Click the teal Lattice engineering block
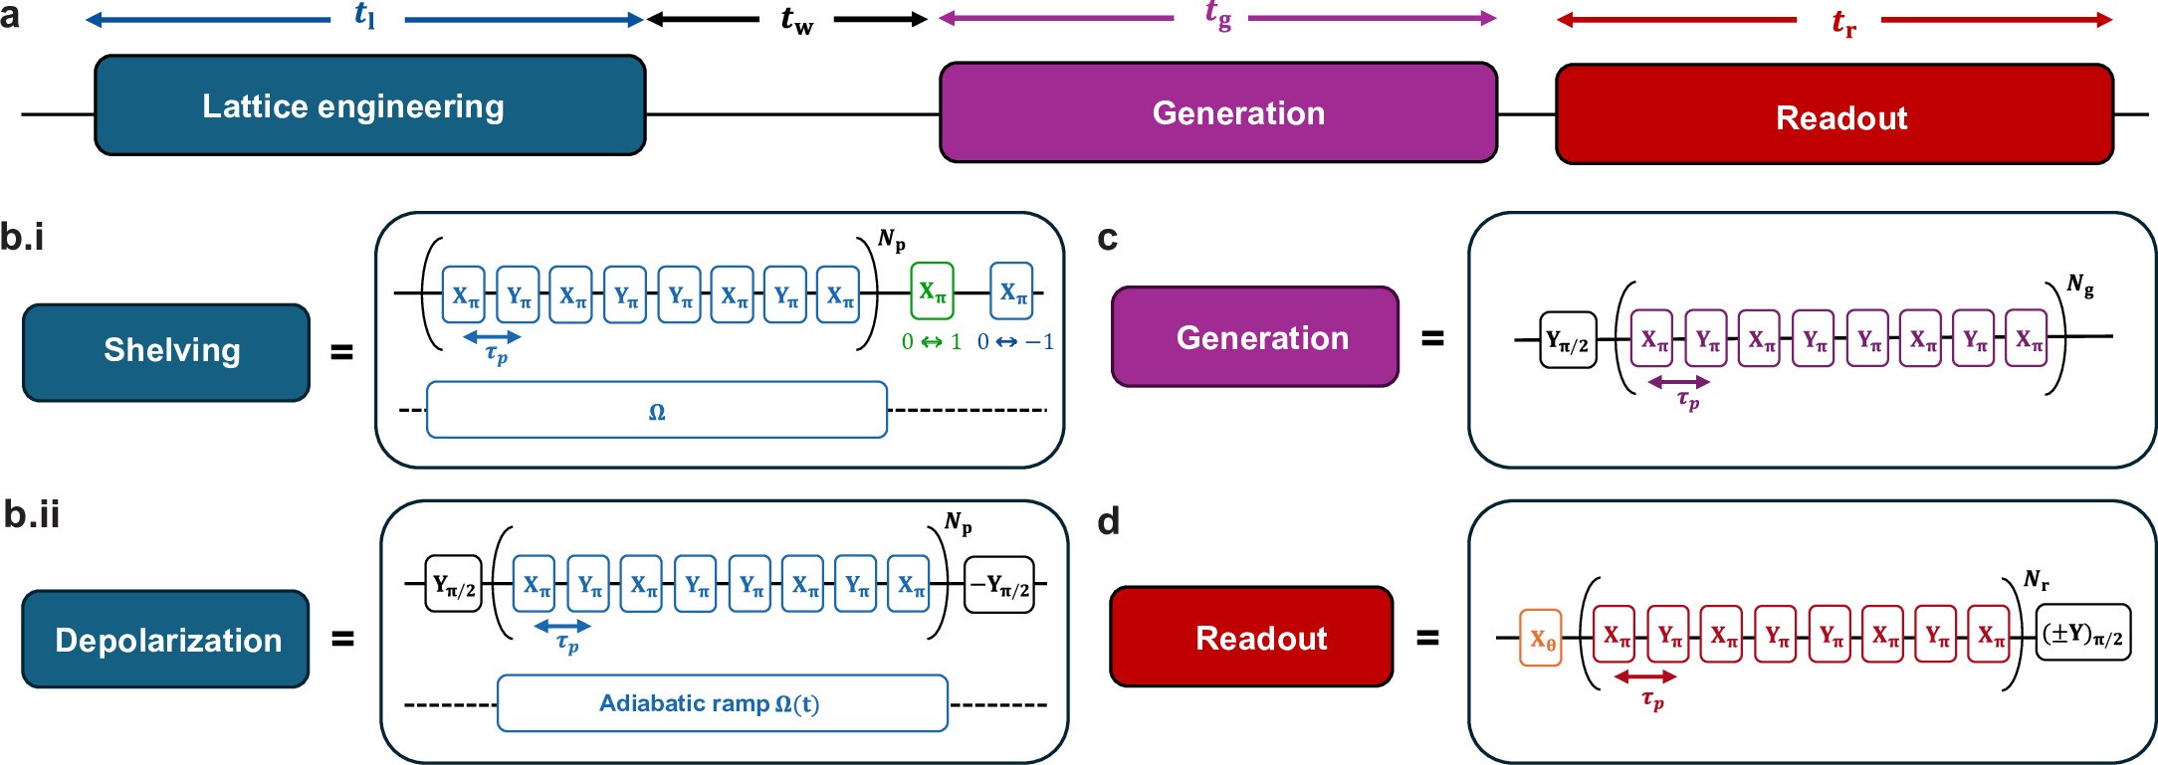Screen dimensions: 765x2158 (x=369, y=105)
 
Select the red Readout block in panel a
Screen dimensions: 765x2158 (x=1834, y=114)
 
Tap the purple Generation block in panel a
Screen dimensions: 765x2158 (x=1217, y=112)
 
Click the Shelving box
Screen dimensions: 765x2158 (x=166, y=352)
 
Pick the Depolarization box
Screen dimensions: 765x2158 (x=166, y=639)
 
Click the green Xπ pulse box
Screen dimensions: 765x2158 (x=932, y=290)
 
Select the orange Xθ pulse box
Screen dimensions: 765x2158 (x=1541, y=638)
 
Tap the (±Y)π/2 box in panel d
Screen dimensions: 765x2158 (x=2082, y=633)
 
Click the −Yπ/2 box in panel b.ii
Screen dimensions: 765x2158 (x=999, y=585)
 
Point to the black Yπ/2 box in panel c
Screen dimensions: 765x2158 (x=1568, y=340)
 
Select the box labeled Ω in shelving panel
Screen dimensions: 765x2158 (x=656, y=410)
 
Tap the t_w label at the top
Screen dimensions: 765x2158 (x=796, y=20)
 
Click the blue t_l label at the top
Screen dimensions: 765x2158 (x=365, y=15)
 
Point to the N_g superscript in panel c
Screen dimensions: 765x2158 (x=2079, y=286)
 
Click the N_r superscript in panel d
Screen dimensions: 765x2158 (x=2037, y=579)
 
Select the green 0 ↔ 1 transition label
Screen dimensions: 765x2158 (x=932, y=342)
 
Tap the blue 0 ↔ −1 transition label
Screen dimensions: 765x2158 (x=1014, y=342)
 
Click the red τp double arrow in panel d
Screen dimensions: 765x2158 (x=1644, y=676)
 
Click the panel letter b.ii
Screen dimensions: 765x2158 (x=32, y=514)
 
